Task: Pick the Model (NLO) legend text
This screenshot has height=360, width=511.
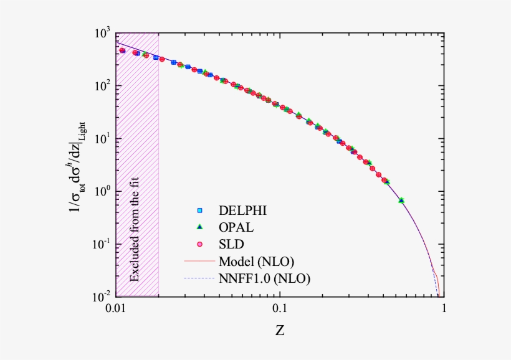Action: (x=256, y=260)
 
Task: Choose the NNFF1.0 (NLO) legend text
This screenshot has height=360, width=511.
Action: (x=264, y=278)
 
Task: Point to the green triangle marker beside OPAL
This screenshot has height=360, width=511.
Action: (x=201, y=227)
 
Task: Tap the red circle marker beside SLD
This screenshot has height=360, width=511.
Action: (x=201, y=244)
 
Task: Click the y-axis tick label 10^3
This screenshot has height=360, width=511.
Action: (x=102, y=33)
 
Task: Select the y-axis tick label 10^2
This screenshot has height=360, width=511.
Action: (x=102, y=86)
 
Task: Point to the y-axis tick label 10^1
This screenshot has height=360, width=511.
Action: (x=102, y=138)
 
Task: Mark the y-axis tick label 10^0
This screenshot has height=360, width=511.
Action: (x=102, y=191)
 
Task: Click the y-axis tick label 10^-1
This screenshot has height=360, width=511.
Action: (x=101, y=244)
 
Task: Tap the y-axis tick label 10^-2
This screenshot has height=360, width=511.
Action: (x=101, y=296)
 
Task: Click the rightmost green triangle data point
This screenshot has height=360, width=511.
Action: (x=401, y=200)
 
